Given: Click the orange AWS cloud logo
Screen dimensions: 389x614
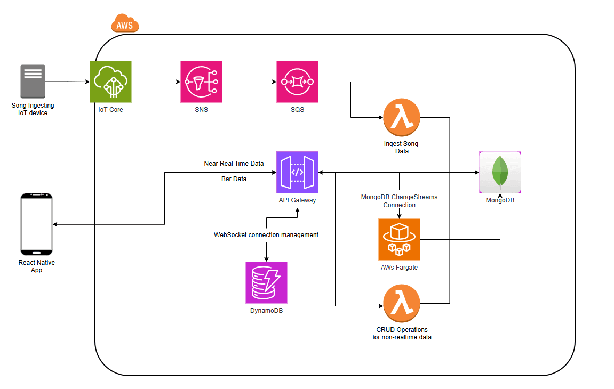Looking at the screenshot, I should tap(125, 23).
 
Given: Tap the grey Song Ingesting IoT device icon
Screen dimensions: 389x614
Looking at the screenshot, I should tap(33, 82).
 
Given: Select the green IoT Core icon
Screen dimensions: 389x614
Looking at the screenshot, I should tap(110, 82).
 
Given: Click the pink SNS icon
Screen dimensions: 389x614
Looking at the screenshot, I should tap(201, 82).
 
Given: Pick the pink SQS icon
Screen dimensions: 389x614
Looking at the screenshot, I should tap(297, 82).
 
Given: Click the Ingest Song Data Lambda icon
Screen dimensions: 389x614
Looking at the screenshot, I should tap(402, 117).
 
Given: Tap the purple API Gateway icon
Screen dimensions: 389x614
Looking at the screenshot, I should tap(297, 172).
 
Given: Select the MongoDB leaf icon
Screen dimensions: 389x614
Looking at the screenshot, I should tap(500, 172).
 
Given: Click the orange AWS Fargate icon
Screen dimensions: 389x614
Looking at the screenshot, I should tap(399, 239).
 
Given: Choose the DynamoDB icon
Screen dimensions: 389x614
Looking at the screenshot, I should tap(266, 282).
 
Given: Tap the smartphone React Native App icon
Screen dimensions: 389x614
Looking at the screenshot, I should tap(36, 224).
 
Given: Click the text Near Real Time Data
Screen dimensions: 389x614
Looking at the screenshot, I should tap(234, 164).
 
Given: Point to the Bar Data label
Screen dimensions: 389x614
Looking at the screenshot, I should tap(234, 179).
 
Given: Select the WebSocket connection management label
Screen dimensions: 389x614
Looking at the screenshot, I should tap(266, 234).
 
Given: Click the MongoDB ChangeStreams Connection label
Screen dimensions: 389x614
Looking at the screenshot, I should tap(399, 201).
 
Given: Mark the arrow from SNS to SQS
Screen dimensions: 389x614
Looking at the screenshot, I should tap(249, 82).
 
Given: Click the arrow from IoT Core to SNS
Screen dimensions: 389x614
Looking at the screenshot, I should tap(155, 82).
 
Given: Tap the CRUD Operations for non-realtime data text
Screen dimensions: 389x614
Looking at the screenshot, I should tap(402, 333).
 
